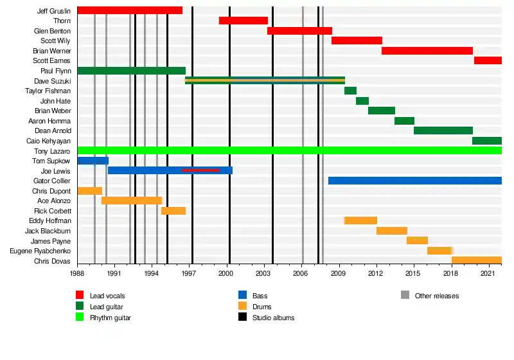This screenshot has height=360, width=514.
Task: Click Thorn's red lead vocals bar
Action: pyautogui.click(x=244, y=21)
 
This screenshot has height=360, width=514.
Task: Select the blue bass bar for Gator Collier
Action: pyautogui.click(x=415, y=181)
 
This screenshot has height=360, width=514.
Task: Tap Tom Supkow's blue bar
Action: pyautogui.click(x=93, y=161)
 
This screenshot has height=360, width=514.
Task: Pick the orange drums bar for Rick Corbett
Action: pyautogui.click(x=173, y=211)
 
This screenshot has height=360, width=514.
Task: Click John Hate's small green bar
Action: pyautogui.click(x=362, y=101)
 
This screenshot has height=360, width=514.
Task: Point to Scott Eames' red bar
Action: pyautogui.click(x=488, y=60)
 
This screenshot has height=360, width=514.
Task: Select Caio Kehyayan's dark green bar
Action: pyautogui.click(x=487, y=141)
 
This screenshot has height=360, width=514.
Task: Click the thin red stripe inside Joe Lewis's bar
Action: pyautogui.click(x=200, y=170)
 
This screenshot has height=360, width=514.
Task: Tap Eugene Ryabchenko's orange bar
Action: pyautogui.click(x=439, y=251)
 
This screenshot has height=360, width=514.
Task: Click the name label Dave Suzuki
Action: pyautogui.click(x=53, y=81)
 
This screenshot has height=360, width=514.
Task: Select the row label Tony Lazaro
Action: pyautogui.click(x=52, y=151)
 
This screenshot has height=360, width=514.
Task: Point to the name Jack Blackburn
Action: pyautogui.click(x=48, y=231)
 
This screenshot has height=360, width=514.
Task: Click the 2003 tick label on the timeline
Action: pyautogui.click(x=263, y=273)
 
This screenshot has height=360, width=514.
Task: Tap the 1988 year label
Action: pyautogui.click(x=77, y=273)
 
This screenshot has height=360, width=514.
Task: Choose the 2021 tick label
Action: pyautogui.click(x=487, y=273)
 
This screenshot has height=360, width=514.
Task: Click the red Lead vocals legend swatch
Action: pyautogui.click(x=80, y=295)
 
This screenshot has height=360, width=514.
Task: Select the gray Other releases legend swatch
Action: pyautogui.click(x=405, y=295)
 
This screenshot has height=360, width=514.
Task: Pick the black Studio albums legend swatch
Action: pyautogui.click(x=243, y=317)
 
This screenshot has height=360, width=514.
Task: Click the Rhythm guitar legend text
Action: pyautogui.click(x=111, y=318)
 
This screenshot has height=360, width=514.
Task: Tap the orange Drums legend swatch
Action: pyautogui.click(x=243, y=306)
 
